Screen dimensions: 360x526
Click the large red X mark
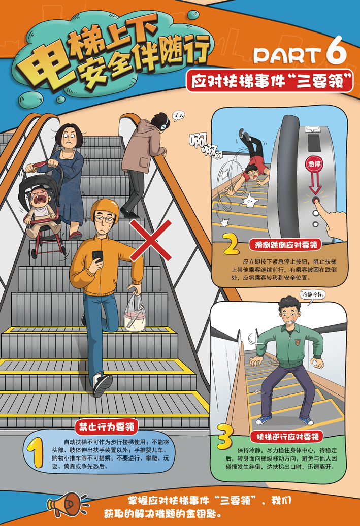point(151,240)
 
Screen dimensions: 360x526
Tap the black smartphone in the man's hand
point(97,256)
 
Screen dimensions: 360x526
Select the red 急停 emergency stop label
point(314,164)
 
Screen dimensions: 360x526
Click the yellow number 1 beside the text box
point(36,453)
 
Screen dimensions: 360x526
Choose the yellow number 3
point(225,437)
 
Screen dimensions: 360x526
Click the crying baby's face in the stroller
point(40,199)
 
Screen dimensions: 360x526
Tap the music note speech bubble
point(179,115)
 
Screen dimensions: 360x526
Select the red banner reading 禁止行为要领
point(107,426)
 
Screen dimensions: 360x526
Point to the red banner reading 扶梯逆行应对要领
point(287,437)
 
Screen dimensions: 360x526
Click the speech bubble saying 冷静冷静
point(313,295)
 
